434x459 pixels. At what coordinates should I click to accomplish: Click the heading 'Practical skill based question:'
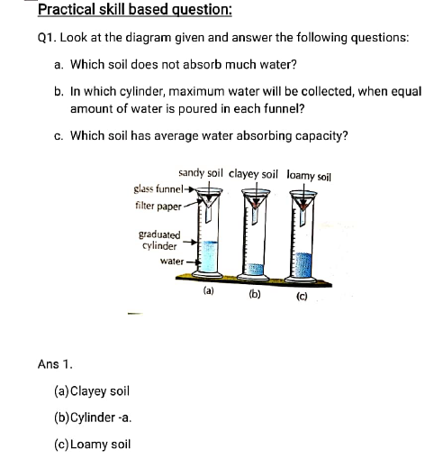click(x=135, y=11)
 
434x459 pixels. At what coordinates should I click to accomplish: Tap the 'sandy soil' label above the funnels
click(x=201, y=172)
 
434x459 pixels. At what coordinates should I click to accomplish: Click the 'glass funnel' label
click(x=158, y=189)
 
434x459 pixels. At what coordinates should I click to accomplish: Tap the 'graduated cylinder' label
click(x=158, y=240)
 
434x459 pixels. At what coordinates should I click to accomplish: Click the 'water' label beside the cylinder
click(x=172, y=261)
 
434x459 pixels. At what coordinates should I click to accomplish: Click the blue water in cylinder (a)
click(x=209, y=257)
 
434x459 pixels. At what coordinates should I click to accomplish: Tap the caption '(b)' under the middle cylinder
click(x=255, y=292)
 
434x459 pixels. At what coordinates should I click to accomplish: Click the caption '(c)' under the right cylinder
click(x=302, y=293)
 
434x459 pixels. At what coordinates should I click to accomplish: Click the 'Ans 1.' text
click(x=55, y=364)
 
